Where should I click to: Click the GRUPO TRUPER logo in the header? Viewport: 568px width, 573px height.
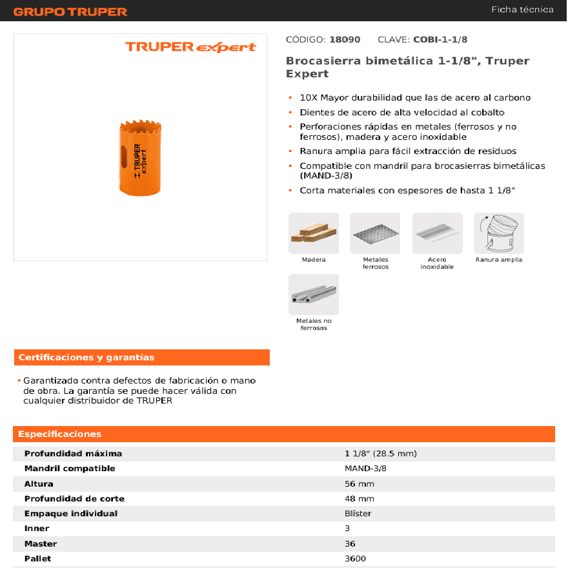pyautogui.click(x=70, y=12)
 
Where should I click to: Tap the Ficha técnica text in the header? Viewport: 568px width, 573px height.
pyautogui.click(x=522, y=10)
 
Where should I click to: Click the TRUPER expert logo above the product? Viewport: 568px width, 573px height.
pyautogui.click(x=190, y=47)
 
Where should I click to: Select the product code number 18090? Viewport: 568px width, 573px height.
pyautogui.click(x=345, y=39)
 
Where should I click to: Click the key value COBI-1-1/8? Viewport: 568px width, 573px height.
pyautogui.click(x=440, y=39)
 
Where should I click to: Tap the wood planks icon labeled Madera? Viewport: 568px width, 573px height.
pyautogui.click(x=314, y=233)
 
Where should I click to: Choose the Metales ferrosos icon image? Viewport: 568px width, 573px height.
pyautogui.click(x=375, y=233)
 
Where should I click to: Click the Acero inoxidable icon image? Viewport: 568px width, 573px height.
pyautogui.click(x=437, y=233)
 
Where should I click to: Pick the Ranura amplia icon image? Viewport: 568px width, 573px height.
pyautogui.click(x=498, y=233)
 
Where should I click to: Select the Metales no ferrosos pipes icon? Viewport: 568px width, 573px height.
pyautogui.click(x=314, y=295)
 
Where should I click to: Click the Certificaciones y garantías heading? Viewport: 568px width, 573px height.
pyautogui.click(x=86, y=357)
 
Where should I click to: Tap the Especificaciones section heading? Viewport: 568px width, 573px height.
pyautogui.click(x=60, y=434)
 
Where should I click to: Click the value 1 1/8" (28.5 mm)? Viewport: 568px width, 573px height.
pyautogui.click(x=381, y=454)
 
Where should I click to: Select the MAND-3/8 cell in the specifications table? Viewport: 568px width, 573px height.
pyautogui.click(x=365, y=469)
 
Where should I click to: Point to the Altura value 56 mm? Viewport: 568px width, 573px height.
pyautogui.click(x=360, y=483)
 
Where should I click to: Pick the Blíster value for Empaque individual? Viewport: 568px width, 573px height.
pyautogui.click(x=358, y=514)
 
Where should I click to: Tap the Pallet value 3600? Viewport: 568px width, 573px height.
pyautogui.click(x=356, y=558)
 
